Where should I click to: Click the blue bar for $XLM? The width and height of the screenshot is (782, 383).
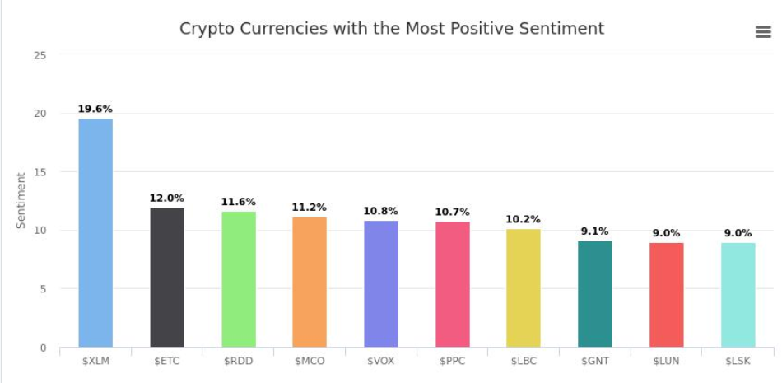(95, 232)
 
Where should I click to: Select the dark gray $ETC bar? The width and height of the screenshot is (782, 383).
(167, 277)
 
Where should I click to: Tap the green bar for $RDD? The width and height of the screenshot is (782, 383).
(239, 278)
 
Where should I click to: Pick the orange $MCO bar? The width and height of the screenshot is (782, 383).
(310, 282)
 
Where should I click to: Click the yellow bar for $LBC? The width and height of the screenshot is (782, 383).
(524, 287)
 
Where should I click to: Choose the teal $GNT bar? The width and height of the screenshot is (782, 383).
(595, 293)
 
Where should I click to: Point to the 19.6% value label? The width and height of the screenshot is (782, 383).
(95, 109)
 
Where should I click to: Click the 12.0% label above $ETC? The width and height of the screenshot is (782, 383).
(167, 198)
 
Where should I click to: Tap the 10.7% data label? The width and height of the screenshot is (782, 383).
(452, 212)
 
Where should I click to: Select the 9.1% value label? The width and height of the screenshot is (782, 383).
(595, 231)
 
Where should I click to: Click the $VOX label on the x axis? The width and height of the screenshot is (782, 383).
(381, 361)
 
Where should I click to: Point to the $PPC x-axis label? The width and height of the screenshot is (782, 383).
(452, 361)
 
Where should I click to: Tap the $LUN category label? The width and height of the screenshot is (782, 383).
(666, 361)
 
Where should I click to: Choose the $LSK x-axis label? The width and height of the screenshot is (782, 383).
(738, 361)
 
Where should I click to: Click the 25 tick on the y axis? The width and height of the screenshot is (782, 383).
(41, 55)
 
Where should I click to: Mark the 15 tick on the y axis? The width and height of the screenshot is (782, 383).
(41, 172)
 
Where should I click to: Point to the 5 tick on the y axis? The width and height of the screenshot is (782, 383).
(44, 289)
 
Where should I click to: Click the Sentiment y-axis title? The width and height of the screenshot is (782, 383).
(21, 200)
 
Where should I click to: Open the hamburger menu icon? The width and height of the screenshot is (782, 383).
(763, 32)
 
